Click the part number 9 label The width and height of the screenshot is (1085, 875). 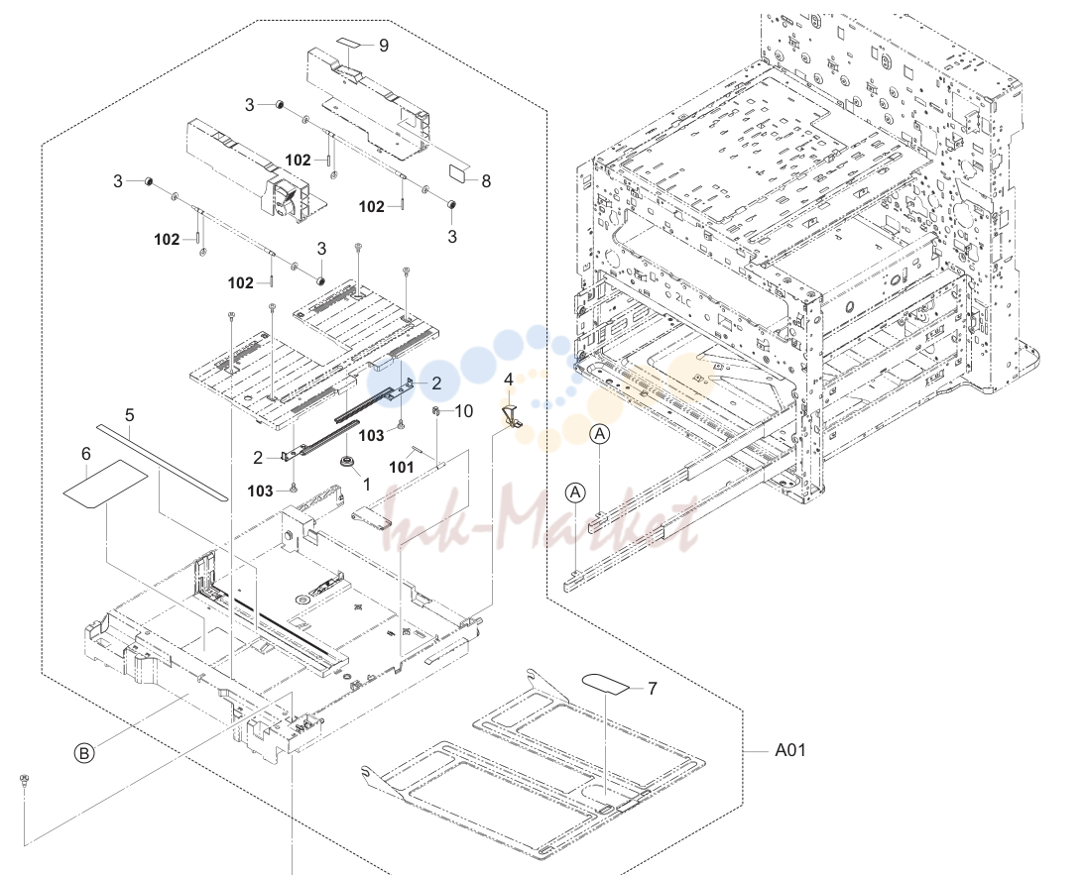[x=384, y=46]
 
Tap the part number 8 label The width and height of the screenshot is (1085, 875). [x=486, y=181]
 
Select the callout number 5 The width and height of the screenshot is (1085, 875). [x=129, y=415]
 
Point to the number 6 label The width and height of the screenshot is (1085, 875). [x=86, y=454]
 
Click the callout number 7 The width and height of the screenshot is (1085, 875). [x=652, y=689]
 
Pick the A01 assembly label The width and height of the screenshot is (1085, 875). [x=790, y=750]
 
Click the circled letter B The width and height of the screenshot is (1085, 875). [x=83, y=753]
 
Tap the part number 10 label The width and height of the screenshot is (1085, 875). [x=463, y=411]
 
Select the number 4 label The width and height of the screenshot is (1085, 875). [x=509, y=380]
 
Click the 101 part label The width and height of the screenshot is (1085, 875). [x=402, y=467]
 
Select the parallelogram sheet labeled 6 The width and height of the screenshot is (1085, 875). [x=105, y=484]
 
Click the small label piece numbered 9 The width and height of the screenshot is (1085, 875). [x=351, y=43]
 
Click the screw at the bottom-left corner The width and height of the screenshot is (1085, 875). [x=25, y=781]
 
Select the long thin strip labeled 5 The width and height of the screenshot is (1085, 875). [x=162, y=463]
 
